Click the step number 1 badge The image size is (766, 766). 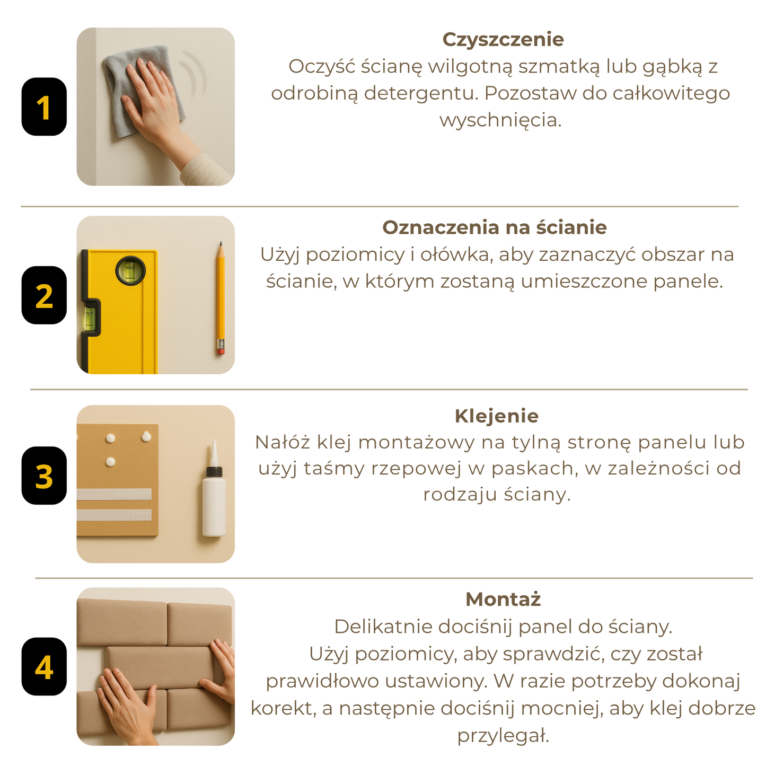(44, 107)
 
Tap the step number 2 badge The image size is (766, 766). (44, 295)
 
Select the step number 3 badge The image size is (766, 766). (44, 476)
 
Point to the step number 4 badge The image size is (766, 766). (44, 667)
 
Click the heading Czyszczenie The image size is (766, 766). (503, 40)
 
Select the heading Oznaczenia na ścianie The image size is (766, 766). (495, 228)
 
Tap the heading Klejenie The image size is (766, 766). (497, 416)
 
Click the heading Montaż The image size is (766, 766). (503, 600)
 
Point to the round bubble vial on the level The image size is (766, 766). (130, 270)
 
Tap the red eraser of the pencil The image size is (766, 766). (221, 351)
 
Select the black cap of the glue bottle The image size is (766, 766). (215, 471)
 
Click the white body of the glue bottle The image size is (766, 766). (214, 506)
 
